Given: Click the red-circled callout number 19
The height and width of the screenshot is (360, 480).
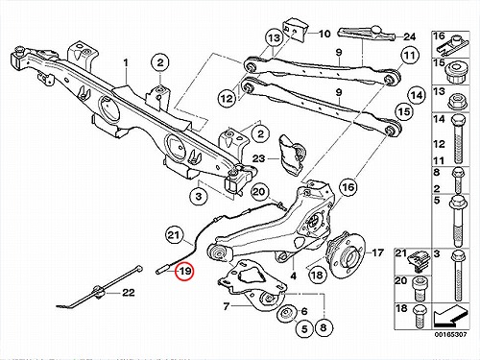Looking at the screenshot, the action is (185, 272).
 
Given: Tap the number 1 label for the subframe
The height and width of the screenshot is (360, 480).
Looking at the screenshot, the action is (126, 62).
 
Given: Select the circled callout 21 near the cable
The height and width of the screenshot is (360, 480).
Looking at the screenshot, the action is (174, 236).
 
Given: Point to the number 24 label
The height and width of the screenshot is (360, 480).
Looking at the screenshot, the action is (409, 36).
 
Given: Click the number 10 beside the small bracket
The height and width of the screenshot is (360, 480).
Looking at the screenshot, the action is (324, 34).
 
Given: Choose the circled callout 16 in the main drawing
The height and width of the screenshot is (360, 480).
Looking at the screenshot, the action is (348, 187).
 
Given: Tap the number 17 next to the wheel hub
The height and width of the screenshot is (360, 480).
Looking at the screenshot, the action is (378, 252).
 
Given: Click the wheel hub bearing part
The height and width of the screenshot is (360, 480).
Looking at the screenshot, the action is (346, 253).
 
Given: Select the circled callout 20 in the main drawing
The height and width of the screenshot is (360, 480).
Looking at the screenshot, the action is (259, 192).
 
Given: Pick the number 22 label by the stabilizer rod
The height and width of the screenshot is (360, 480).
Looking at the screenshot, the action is (129, 293).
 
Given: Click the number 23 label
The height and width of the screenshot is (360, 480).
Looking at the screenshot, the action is (258, 158).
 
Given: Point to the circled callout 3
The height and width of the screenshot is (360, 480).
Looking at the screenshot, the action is (199, 196).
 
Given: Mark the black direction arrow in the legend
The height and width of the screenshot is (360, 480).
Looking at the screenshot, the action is (451, 317).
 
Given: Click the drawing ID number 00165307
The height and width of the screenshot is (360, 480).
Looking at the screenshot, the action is (450, 335).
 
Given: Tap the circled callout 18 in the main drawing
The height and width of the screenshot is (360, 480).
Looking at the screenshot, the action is (317, 275).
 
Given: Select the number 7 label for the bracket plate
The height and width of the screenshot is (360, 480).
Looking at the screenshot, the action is (227, 306).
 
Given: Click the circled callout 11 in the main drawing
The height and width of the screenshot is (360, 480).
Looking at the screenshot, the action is (410, 56).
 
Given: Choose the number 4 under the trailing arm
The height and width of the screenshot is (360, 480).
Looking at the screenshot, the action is (294, 276).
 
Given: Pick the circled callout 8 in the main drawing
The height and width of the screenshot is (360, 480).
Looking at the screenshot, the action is (323, 327).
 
